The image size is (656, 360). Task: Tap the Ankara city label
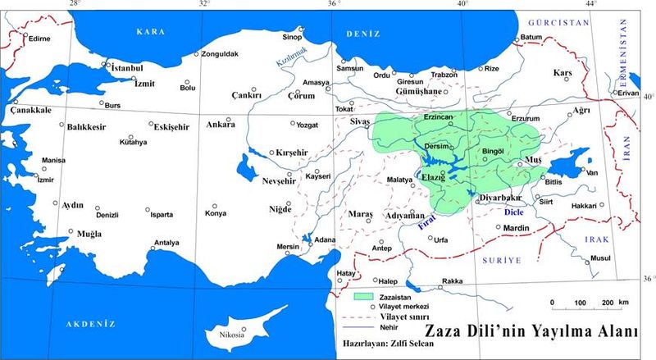pyautogui.click(x=220, y=125)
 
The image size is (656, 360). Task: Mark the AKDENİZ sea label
pyautogui.click(x=92, y=325)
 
